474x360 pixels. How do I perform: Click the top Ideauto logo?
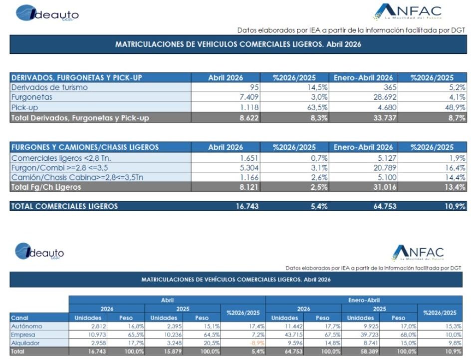point(47,13)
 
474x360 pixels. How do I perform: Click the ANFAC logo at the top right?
point(408,11)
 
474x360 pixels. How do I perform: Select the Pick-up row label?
point(24,107)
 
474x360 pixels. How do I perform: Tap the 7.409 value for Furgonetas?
point(249,97)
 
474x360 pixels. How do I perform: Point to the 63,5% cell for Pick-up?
point(317,107)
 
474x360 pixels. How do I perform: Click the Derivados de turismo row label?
point(49,87)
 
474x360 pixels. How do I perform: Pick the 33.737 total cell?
point(385,118)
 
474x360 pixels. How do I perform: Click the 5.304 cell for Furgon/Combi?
point(249,168)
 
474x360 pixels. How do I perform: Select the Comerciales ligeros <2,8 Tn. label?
point(61,158)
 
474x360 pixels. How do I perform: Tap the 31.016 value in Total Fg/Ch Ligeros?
point(385,187)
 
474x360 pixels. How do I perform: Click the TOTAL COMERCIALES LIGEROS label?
point(64,206)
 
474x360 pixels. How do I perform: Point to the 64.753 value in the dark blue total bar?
point(385,206)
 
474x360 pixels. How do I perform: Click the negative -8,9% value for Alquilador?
point(257,343)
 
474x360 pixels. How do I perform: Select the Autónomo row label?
point(26,326)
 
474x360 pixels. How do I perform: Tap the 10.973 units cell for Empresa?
point(97,335)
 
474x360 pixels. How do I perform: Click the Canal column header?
point(19,318)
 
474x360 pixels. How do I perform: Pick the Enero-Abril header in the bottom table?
point(364,300)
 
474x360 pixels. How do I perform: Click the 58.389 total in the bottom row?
point(370,352)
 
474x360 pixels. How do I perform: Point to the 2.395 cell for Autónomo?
point(174,326)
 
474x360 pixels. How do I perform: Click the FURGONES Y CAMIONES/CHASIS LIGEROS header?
point(85,147)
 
